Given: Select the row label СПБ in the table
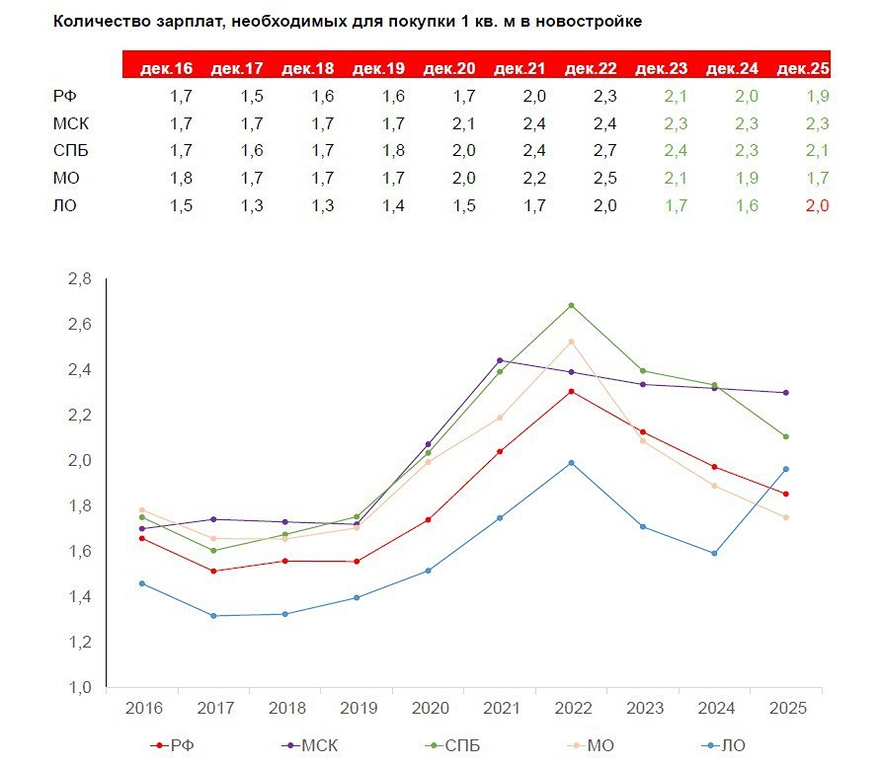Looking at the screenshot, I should click(x=70, y=150).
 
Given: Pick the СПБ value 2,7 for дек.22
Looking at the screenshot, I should click(x=604, y=150).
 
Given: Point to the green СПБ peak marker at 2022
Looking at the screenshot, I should click(x=571, y=305).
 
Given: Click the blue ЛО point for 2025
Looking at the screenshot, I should click(x=785, y=469).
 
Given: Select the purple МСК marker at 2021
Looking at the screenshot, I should click(x=500, y=360).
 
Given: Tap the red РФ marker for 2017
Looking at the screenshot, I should click(x=214, y=571).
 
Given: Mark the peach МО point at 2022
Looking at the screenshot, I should click(x=571, y=342).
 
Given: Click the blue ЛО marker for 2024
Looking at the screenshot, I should click(x=714, y=553).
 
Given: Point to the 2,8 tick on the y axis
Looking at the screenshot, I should click(x=78, y=279).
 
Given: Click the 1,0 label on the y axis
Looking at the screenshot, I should click(x=78, y=687).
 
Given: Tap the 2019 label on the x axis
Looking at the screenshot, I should click(x=357, y=709).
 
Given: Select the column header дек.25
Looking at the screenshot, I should click(x=803, y=69).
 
